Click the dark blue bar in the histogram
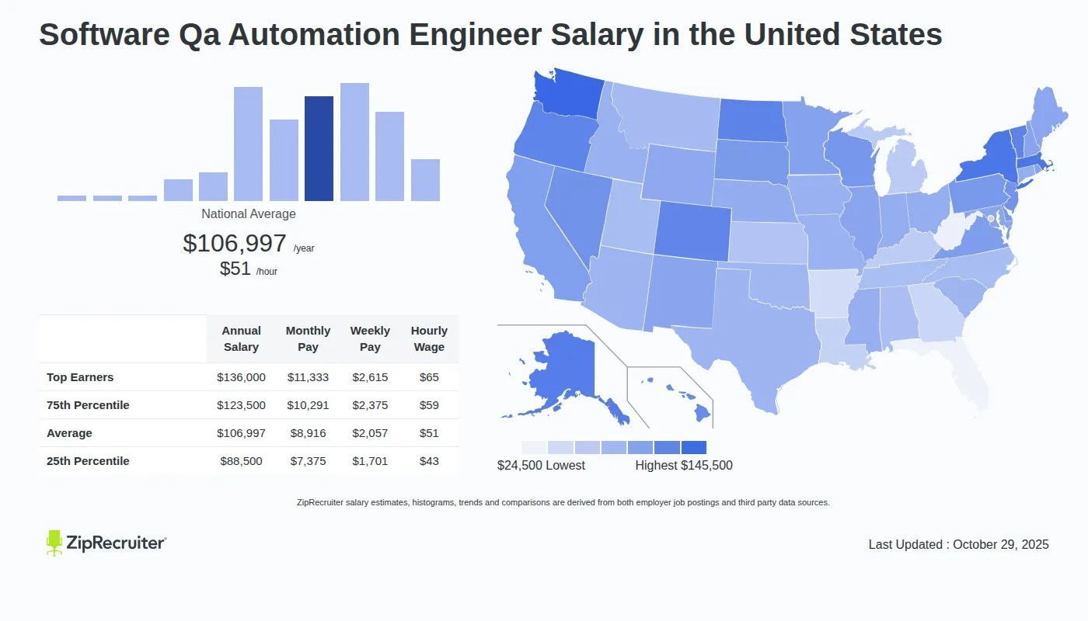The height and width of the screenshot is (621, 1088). tap(319, 148)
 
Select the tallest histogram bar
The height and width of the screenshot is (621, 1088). tap(354, 142)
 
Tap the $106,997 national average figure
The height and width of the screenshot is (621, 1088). tap(235, 244)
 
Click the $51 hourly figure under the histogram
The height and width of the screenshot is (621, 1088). tap(235, 269)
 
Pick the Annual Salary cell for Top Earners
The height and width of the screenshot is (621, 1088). tap(241, 377)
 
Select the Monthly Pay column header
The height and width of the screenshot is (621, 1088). tap(308, 339)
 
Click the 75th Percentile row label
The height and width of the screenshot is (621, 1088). tap(88, 405)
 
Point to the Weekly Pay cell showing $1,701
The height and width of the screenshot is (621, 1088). tap(370, 461)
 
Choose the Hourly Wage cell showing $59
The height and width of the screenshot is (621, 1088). tap(429, 405)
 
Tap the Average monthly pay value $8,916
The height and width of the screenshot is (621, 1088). tap(308, 433)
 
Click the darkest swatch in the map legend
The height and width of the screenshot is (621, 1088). tap(693, 448)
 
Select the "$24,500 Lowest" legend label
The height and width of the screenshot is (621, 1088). tap(541, 466)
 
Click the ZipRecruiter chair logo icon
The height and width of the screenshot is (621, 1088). tap(54, 543)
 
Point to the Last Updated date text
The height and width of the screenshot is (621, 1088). tap(958, 545)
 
